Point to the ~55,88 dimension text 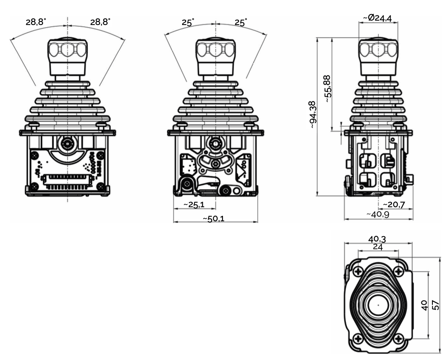point(327,89)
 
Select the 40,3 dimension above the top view point(378,239)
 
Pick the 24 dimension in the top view point(378,247)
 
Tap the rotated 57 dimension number point(435,305)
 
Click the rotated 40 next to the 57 point(424,305)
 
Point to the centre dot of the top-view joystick point(378,304)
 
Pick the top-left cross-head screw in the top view point(358,271)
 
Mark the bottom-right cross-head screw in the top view point(398,338)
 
